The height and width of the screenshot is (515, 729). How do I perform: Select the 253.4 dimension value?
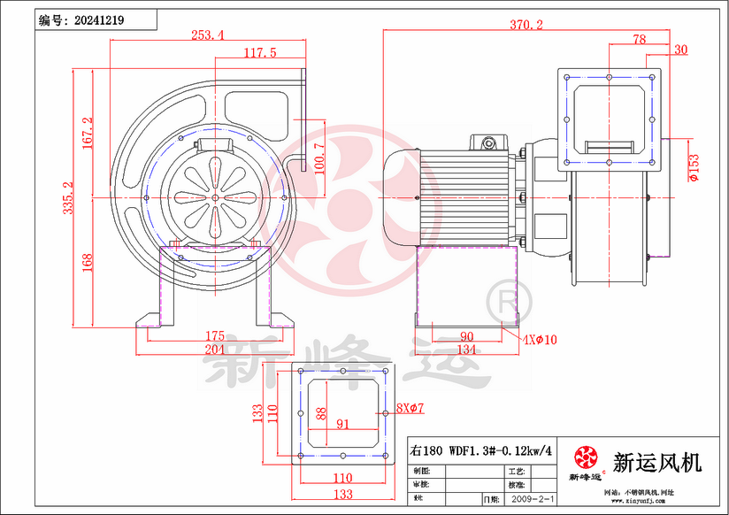click(207, 35)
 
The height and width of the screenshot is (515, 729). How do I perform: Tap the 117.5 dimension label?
click(260, 53)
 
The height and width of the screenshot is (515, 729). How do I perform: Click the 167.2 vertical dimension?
click(87, 133)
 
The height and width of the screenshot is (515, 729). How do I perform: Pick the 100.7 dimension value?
click(318, 157)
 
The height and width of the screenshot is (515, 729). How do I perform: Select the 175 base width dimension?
click(214, 336)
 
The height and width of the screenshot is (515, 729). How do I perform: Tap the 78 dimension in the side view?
click(640, 39)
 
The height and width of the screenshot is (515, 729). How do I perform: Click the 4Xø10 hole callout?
click(539, 339)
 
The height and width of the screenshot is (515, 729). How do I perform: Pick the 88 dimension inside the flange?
click(320, 413)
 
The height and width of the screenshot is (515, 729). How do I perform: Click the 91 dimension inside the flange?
click(343, 424)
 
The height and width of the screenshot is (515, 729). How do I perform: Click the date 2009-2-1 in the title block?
click(533, 500)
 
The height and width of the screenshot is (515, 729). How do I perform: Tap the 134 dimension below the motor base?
click(467, 350)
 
